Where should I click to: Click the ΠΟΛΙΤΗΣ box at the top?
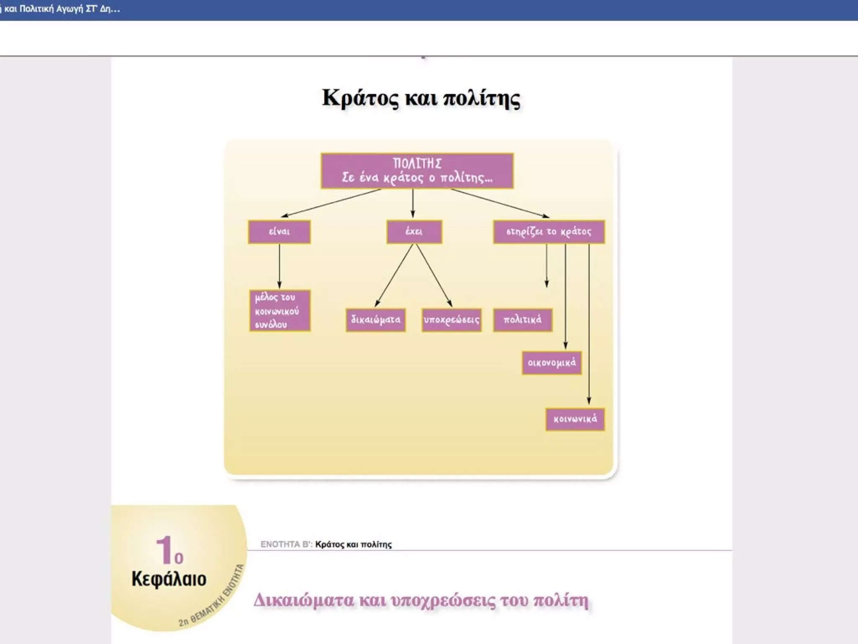click(x=417, y=171)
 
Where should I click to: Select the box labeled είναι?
click(x=279, y=232)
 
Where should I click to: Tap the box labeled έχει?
click(x=414, y=232)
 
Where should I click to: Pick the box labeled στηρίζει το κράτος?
click(x=549, y=232)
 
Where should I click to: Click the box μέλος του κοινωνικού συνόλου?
click(x=279, y=311)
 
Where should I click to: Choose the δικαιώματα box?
click(x=375, y=320)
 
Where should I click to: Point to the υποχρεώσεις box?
click(x=451, y=320)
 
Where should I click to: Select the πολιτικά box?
click(x=522, y=320)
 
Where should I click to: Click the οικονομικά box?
click(x=551, y=363)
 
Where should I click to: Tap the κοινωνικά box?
click(x=575, y=419)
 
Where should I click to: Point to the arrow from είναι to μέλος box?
click(x=279, y=266)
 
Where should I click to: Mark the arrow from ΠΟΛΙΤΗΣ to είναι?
click(x=331, y=203)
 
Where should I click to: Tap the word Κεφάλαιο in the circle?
click(x=169, y=579)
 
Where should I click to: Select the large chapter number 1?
click(x=163, y=551)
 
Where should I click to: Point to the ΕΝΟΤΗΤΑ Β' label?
click(x=286, y=545)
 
